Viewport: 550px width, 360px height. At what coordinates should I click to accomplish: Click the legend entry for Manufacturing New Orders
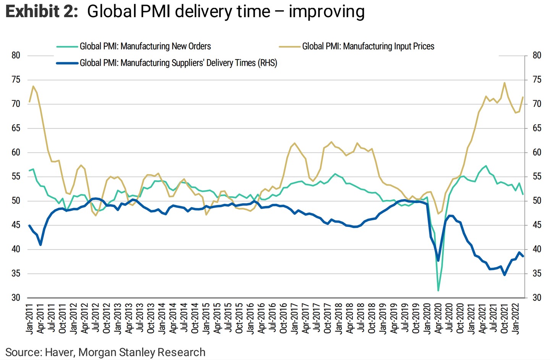(x=145, y=47)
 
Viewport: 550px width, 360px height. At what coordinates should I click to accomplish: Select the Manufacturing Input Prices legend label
(x=368, y=47)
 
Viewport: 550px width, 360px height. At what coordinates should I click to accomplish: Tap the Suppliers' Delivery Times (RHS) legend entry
(x=178, y=63)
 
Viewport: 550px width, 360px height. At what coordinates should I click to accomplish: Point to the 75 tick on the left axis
(x=16, y=80)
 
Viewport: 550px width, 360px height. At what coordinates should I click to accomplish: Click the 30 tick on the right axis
(x=537, y=298)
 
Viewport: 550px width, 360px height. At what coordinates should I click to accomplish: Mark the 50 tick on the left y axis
(x=16, y=201)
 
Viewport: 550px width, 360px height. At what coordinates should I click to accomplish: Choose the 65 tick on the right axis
(x=537, y=128)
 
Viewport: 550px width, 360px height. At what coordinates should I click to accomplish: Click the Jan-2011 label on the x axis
(x=29, y=319)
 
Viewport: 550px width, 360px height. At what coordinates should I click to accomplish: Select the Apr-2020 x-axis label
(x=438, y=319)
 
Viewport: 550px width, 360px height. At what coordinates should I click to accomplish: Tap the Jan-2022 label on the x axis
(x=516, y=319)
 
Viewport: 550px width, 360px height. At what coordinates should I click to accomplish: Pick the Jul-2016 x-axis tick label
(x=272, y=319)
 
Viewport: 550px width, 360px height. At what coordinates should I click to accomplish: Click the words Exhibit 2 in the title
(x=42, y=11)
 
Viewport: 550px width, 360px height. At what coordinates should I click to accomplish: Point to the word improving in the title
(x=327, y=11)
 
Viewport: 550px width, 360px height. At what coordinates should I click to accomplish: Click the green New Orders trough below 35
(x=438, y=291)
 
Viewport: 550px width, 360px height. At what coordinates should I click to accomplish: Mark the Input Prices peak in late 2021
(x=505, y=82)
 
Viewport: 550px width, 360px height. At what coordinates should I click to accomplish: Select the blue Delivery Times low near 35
(x=505, y=274)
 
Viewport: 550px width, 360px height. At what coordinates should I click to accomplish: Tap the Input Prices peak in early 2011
(x=33, y=86)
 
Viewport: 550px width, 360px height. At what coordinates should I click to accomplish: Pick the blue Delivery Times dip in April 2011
(x=40, y=244)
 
